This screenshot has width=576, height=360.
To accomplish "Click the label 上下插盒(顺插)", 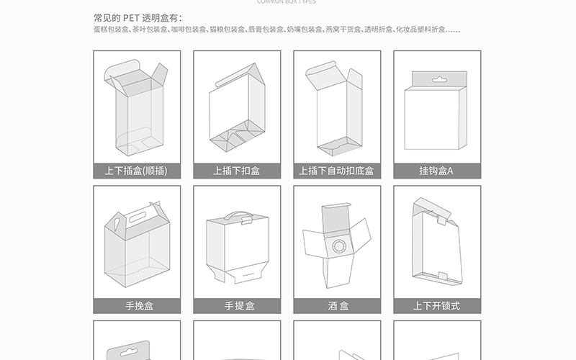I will [x=136, y=171].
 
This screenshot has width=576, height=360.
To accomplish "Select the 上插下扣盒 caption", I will [x=236, y=171].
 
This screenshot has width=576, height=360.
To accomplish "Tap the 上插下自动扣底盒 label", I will [x=336, y=171].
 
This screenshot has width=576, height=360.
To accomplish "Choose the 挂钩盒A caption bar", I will [x=436, y=171].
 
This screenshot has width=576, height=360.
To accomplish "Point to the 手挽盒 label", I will [x=136, y=306].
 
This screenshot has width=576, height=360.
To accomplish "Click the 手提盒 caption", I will [x=236, y=306].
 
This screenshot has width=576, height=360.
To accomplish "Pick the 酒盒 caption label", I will [x=336, y=306].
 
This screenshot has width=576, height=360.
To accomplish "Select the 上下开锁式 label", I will [x=436, y=306].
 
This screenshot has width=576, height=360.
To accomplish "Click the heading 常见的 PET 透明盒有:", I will [x=138, y=17].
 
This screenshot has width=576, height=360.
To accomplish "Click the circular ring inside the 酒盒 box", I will [x=337, y=249].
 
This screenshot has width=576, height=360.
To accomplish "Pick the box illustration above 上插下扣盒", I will [x=237, y=108].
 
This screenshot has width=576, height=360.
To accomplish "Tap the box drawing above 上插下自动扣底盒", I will [x=335, y=108].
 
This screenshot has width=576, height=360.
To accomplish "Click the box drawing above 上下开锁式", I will [x=436, y=241].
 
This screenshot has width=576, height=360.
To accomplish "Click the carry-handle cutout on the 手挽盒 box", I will [x=136, y=214].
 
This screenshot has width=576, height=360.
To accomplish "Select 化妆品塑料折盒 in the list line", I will [x=423, y=30].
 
